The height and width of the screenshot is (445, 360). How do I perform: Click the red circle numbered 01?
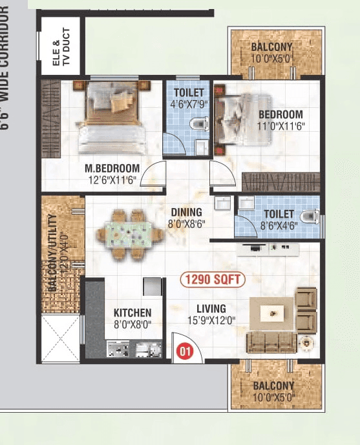(185, 352)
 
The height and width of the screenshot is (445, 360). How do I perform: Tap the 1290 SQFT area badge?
(212, 280)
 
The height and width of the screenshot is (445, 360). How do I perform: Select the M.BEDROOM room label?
(112, 169)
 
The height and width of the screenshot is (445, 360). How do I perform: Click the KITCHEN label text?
(132, 313)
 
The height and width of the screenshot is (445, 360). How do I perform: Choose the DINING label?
(186, 212)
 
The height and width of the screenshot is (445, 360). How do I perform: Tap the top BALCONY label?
(272, 47)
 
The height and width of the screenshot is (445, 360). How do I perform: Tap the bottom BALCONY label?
(273, 386)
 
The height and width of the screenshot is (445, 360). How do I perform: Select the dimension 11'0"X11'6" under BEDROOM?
(281, 126)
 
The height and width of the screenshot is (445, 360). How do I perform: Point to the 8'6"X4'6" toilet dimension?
(279, 225)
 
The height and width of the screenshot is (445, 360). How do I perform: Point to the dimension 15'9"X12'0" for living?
(211, 320)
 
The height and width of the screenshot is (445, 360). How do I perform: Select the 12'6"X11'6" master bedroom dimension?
(112, 180)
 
